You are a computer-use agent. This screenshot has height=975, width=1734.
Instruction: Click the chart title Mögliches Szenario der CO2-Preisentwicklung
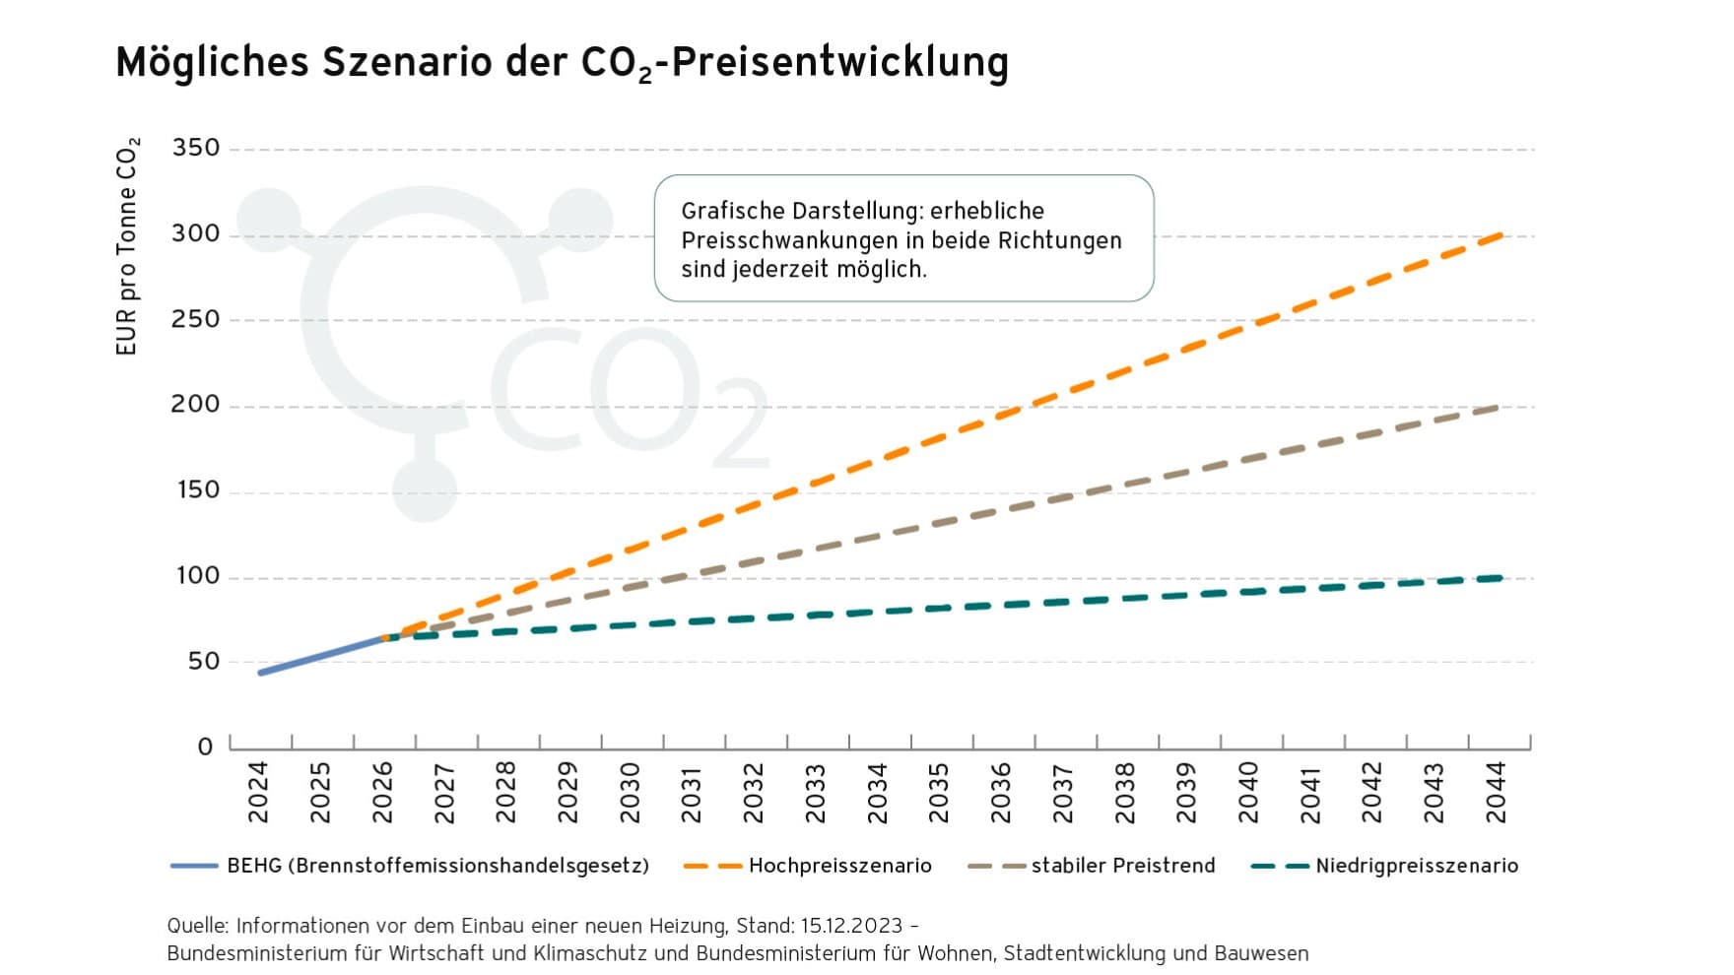[x=562, y=62]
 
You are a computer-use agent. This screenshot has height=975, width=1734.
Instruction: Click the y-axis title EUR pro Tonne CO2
[x=128, y=246]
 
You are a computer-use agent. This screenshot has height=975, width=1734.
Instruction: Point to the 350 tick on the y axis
[x=196, y=149]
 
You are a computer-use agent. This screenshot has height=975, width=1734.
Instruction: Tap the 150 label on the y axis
[x=196, y=490]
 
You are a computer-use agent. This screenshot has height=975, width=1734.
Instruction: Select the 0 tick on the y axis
[x=205, y=747]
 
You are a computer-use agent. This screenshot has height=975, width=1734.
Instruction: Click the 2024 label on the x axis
[x=259, y=792]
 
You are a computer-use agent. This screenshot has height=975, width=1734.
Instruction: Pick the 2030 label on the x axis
[x=630, y=792]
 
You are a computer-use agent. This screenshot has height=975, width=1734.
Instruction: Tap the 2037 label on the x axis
[x=1062, y=792]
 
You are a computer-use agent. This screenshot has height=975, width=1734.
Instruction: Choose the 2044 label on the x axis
[x=1496, y=792]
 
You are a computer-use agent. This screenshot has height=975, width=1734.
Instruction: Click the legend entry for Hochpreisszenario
[x=839, y=866]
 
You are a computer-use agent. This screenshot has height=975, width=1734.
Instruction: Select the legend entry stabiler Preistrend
[x=1122, y=866]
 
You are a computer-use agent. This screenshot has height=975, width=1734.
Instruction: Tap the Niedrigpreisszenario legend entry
[x=1416, y=866]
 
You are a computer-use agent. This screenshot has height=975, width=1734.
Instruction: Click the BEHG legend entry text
[x=437, y=866]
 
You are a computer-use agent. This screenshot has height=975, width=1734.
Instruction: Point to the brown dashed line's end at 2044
[x=1498, y=407]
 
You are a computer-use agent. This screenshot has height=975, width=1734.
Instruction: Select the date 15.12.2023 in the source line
[x=851, y=926]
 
